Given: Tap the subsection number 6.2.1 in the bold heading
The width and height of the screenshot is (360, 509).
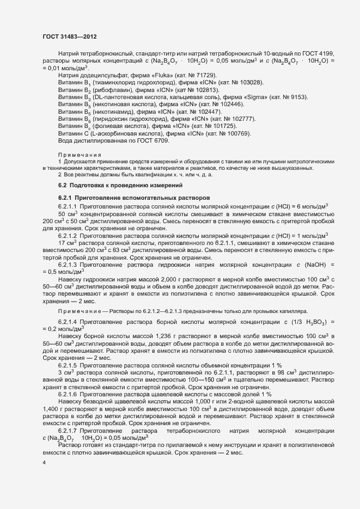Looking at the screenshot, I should click(x=65, y=197).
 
